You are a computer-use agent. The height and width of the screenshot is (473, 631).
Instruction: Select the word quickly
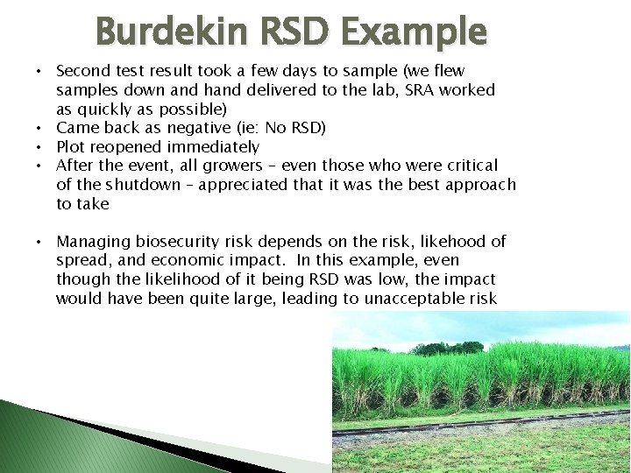(105, 109)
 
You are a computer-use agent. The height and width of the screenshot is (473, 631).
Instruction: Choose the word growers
(223, 166)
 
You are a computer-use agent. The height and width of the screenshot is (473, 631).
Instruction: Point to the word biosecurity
(181, 242)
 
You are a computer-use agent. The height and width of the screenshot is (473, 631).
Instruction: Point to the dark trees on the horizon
(447, 348)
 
